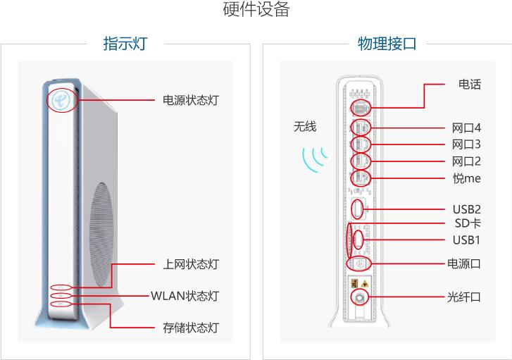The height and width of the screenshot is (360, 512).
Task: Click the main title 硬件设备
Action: click(256, 11)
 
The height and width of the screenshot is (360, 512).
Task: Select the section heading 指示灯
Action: click(125, 44)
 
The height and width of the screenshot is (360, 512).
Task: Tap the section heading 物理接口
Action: click(387, 44)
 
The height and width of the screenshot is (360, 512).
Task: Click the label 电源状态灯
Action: click(190, 101)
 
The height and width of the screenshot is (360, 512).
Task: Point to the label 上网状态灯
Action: click(190, 264)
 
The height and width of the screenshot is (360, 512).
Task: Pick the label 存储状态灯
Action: click(190, 328)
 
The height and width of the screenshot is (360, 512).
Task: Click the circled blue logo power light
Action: click(62, 100)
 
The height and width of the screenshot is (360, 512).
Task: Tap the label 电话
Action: click(469, 85)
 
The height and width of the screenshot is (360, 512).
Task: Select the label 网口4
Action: click(466, 128)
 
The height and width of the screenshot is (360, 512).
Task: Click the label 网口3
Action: click(466, 144)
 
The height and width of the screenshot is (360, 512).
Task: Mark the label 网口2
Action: click(466, 161)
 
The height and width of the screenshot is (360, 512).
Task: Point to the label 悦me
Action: click(466, 178)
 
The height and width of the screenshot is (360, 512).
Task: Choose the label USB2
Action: click(466, 209)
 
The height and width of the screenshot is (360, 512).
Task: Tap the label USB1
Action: click(466, 240)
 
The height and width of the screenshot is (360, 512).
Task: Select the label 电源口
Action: click(464, 263)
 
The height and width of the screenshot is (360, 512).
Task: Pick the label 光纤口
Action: click(464, 297)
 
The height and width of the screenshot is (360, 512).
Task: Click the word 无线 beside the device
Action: click(305, 127)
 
